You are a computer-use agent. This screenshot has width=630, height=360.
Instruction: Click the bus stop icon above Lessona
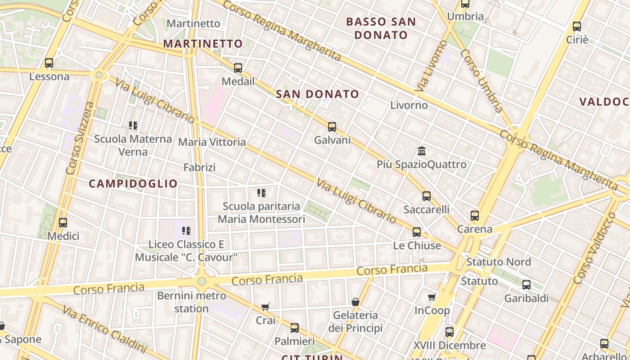click(49, 63)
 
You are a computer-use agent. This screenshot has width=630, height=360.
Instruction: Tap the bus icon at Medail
click(238, 68)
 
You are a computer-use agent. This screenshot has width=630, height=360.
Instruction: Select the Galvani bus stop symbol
click(332, 127)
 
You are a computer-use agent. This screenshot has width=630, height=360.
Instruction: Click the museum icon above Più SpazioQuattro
click(422, 151)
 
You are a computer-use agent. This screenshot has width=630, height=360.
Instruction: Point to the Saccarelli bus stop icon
click(427, 196)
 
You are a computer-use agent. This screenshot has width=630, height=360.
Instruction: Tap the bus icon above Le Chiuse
click(417, 232)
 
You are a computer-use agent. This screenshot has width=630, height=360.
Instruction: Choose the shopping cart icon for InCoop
click(432, 297)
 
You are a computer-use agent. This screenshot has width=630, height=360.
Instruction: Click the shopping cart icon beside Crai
click(265, 307)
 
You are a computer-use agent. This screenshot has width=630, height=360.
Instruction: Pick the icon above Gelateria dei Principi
click(355, 301)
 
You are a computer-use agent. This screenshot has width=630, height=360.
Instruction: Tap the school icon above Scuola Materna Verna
click(133, 125)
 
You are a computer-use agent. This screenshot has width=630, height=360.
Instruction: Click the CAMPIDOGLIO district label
click(133, 184)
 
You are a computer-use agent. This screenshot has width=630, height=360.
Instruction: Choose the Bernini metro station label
click(192, 302)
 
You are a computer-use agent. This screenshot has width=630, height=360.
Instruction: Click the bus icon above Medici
click(63, 222)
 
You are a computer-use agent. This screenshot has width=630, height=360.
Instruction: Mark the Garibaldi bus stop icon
click(526, 285)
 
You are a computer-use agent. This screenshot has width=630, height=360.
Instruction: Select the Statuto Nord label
click(499, 262)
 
